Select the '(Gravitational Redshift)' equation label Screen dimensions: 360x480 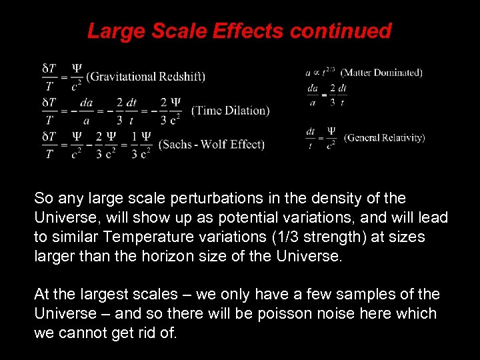(145, 76)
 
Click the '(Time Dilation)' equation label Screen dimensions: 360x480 (230, 111)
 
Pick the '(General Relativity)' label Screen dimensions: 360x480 (384, 138)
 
